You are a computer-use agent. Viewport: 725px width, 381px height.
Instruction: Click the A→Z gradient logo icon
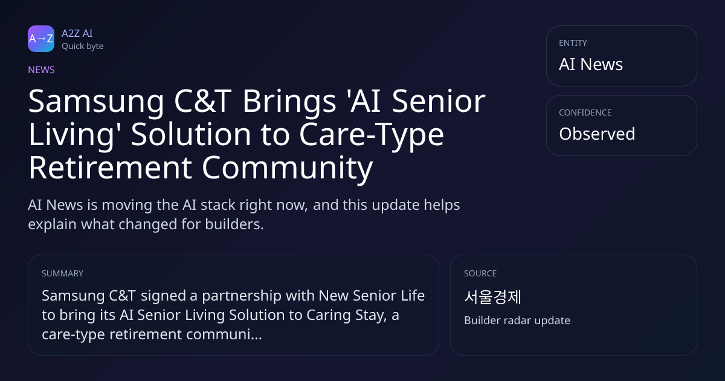41,39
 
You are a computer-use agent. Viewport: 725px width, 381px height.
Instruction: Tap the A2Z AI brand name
77,33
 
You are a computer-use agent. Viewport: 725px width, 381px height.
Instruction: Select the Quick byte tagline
83,47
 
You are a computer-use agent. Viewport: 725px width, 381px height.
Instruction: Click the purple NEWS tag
42,70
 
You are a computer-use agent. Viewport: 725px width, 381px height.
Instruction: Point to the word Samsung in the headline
96,102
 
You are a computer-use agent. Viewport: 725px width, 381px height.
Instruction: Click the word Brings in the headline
289,102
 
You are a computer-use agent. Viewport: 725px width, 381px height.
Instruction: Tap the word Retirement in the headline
110,168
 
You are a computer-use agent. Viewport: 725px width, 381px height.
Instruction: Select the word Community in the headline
288,168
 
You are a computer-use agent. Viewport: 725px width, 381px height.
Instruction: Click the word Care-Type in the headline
372,135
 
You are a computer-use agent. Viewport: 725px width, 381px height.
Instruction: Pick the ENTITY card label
573,43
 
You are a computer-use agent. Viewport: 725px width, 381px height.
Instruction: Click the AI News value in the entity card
591,64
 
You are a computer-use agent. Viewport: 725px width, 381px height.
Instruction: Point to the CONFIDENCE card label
585,112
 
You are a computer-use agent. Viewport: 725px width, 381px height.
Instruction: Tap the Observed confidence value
597,134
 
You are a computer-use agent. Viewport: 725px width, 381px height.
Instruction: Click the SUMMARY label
62,273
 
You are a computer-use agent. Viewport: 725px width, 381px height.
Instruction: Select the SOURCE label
480,273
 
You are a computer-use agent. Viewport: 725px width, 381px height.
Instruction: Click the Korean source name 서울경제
492,297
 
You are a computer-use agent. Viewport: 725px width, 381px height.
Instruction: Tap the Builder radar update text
517,321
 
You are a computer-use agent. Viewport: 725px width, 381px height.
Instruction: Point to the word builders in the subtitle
234,224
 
